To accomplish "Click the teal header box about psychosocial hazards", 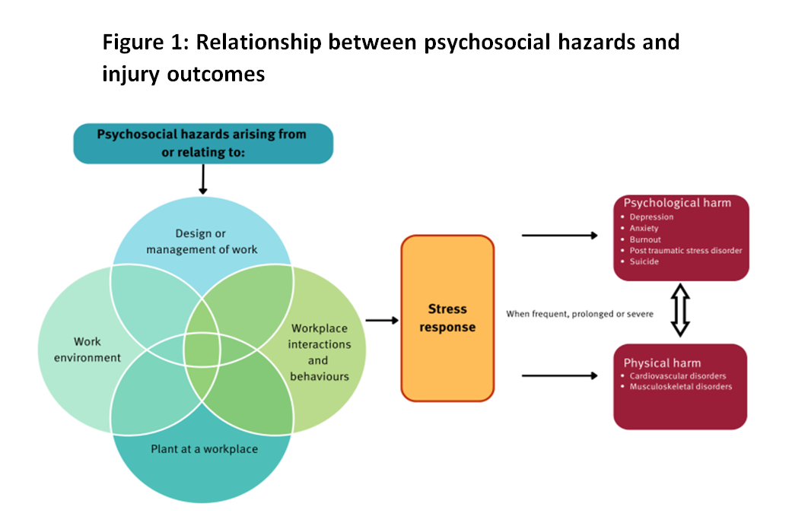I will point(202,142).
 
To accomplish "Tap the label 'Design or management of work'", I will point(202,242).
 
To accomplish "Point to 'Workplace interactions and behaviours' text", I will point(320,352).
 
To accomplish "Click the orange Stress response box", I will point(447,318).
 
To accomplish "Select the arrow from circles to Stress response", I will point(383,320).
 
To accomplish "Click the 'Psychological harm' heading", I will point(677,203).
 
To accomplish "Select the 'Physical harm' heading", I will point(662,363).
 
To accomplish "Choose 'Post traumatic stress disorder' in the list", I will point(685,251).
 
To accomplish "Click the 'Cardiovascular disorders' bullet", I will point(677,376).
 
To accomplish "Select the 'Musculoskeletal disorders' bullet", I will point(680,387).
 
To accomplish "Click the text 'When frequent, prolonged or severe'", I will point(580,314).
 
